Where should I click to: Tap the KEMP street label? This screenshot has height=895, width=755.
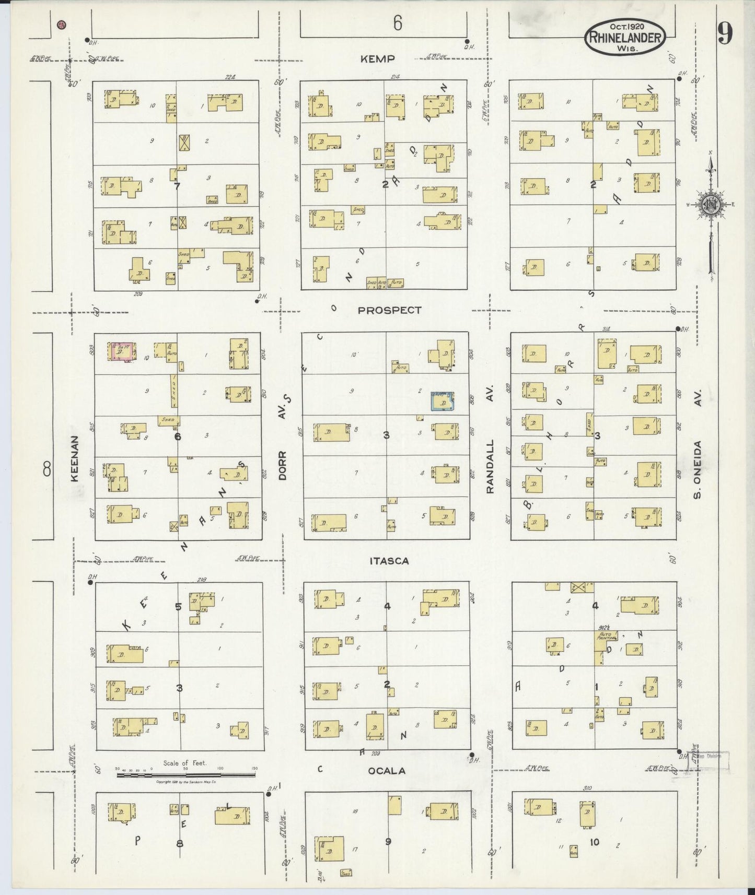[377, 59]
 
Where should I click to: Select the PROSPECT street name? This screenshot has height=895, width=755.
[389, 310]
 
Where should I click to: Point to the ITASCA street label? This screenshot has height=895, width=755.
[389, 561]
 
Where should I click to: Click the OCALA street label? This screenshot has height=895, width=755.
[387, 771]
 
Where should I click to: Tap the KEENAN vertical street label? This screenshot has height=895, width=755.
[75, 458]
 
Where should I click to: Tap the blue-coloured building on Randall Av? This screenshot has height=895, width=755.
[442, 401]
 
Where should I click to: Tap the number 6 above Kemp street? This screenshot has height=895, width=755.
[398, 23]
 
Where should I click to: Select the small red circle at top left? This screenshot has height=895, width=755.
[62, 24]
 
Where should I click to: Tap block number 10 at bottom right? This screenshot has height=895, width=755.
[594, 841]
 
